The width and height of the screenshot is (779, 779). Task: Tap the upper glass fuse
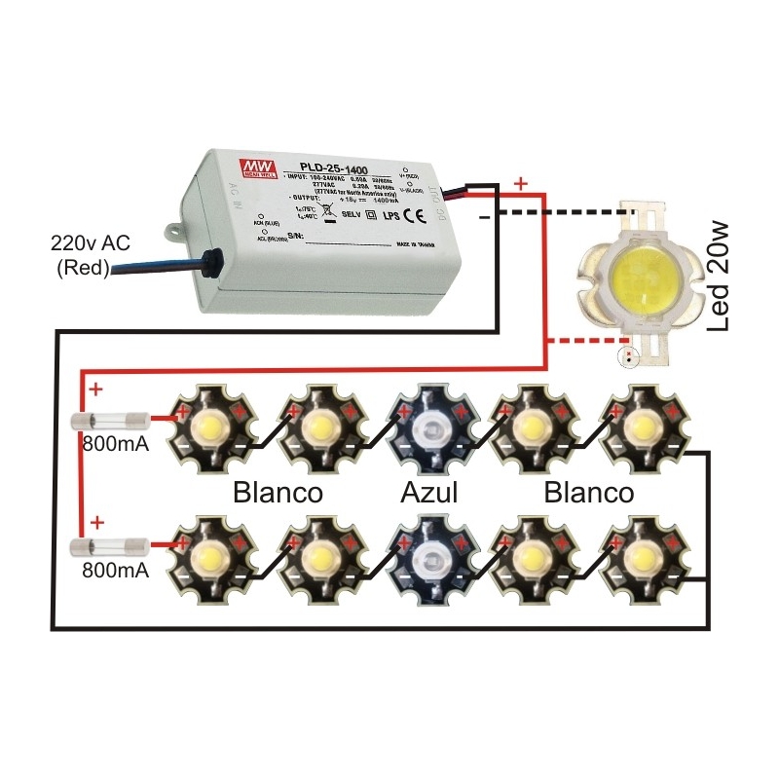click(112, 421)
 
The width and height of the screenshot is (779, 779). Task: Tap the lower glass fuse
click(112, 546)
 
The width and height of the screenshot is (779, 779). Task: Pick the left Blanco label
click(278, 493)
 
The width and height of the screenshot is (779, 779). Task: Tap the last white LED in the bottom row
click(641, 556)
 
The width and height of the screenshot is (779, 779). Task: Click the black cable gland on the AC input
click(207, 263)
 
